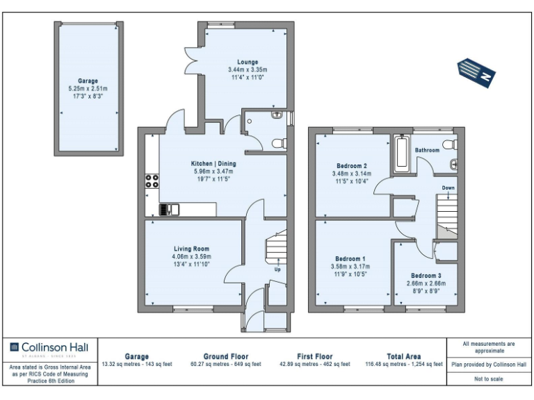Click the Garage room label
(x=88, y=81)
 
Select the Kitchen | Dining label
(x=214, y=164)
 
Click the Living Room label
(x=191, y=249)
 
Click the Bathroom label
(x=427, y=150)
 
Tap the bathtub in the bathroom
(x=402, y=155)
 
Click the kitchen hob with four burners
(x=152, y=183)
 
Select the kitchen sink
(x=169, y=208)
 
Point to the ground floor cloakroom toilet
(x=278, y=143)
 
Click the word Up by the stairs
(x=278, y=269)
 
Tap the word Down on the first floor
(x=448, y=188)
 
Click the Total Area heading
(x=404, y=356)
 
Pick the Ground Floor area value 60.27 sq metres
(x=226, y=364)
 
